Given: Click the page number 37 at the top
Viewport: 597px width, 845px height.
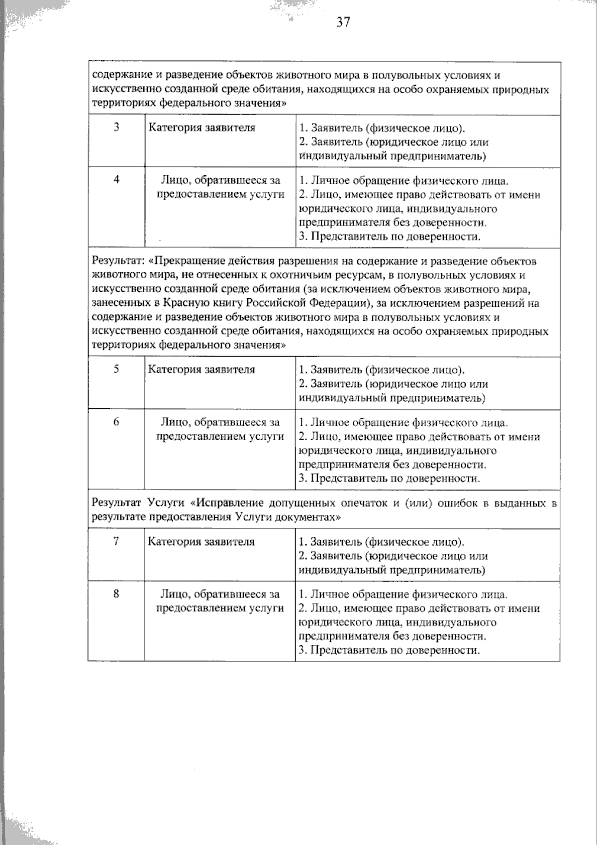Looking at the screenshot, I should pyautogui.click(x=343, y=22).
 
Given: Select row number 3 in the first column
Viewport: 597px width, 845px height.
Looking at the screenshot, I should pyautogui.click(x=116, y=127).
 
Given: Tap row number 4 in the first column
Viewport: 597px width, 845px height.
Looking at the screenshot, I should pyautogui.click(x=116, y=180).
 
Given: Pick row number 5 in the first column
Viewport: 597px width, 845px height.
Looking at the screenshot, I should pyautogui.click(x=116, y=369).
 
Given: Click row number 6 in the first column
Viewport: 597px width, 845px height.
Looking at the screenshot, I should pyautogui.click(x=116, y=422).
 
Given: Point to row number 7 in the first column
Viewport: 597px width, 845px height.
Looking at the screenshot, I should pyautogui.click(x=116, y=541).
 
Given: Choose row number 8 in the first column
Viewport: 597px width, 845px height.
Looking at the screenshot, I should pyautogui.click(x=116, y=594).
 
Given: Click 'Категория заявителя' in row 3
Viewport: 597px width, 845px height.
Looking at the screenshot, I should pyautogui.click(x=201, y=127).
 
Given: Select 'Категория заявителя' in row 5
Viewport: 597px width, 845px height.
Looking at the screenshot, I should pyautogui.click(x=201, y=369).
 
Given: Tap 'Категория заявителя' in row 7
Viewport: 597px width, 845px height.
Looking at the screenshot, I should pyautogui.click(x=201, y=542).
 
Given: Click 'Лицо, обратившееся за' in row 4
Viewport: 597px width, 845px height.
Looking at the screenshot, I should pyautogui.click(x=220, y=180).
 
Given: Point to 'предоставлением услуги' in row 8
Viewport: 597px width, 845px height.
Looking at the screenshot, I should pyautogui.click(x=220, y=608).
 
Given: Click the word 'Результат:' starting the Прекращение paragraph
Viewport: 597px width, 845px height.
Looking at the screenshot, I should pyautogui.click(x=118, y=261).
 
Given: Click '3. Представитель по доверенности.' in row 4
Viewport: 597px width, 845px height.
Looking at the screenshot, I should pyautogui.click(x=390, y=237).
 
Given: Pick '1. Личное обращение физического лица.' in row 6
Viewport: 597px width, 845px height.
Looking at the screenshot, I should pyautogui.click(x=403, y=423).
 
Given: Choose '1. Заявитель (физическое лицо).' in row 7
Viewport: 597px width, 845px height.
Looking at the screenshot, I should pyautogui.click(x=382, y=542).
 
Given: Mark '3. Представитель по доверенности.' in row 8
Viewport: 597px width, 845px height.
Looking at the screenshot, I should pyautogui.click(x=390, y=650).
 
